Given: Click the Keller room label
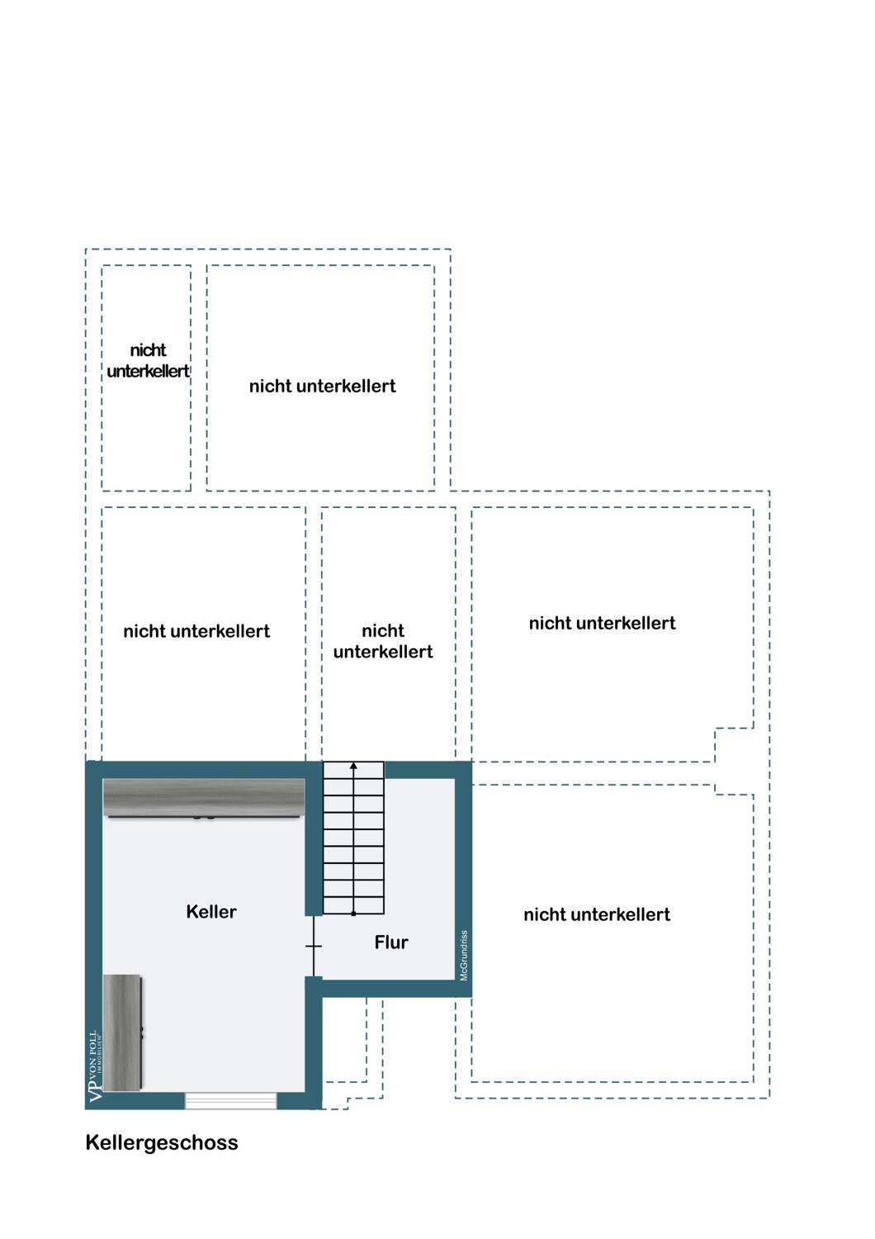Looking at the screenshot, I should [211, 912].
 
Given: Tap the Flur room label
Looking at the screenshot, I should [391, 942].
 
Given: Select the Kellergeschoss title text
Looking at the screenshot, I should [162, 1143].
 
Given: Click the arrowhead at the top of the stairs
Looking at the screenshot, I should [353, 767].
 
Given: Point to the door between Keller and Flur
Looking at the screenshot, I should [314, 947].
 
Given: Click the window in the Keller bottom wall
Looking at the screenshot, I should [230, 1100].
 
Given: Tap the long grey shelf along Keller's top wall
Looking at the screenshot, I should [203, 798].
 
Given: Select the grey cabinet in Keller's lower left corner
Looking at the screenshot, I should [122, 1032].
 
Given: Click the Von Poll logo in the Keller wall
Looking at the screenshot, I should [94, 1066].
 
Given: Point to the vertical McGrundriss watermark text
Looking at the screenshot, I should [464, 956].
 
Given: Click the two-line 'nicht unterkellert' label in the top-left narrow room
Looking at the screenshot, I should [148, 361].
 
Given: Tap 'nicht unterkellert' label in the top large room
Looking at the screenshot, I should [323, 387].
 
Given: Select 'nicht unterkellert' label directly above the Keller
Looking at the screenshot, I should [196, 632].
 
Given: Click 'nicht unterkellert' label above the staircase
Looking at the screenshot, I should [383, 642].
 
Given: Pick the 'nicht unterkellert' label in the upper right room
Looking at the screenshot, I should [603, 624].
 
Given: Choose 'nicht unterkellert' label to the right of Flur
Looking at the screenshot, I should [597, 915].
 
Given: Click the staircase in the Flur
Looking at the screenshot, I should [353, 838].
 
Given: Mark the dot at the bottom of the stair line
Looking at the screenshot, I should [353, 914].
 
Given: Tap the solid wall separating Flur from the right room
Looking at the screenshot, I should [463, 876].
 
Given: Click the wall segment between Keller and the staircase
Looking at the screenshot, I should [314, 843].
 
